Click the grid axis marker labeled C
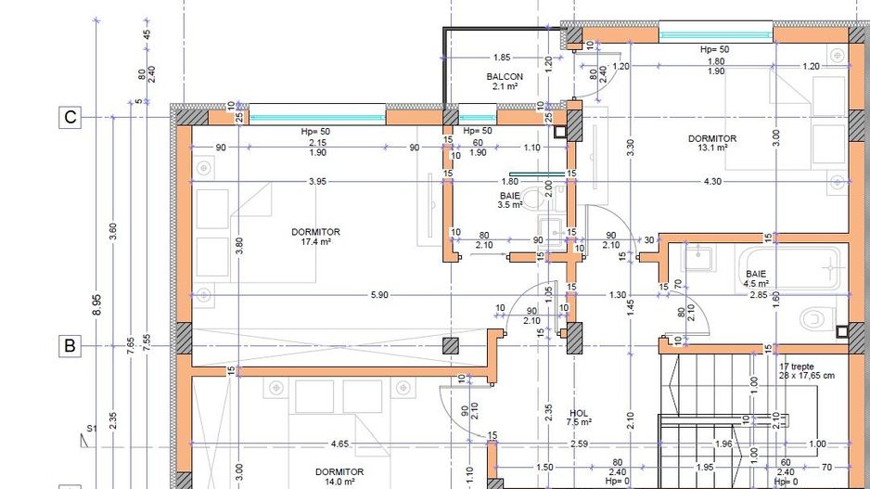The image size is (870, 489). (70, 118)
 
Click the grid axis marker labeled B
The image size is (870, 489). (70, 346)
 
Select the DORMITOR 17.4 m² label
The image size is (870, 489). (315, 237)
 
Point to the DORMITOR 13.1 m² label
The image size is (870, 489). (711, 143)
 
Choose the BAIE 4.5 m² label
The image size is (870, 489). (756, 279)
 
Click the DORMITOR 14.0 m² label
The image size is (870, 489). (339, 476)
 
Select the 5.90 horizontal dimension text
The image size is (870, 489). (378, 294)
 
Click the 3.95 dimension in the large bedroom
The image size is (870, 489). (317, 181)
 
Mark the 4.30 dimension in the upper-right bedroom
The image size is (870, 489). (712, 181)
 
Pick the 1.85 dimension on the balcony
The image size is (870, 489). (502, 57)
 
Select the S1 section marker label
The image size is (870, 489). (92, 429)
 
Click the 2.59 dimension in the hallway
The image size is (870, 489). (579, 444)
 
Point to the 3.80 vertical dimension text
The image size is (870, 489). (239, 246)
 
